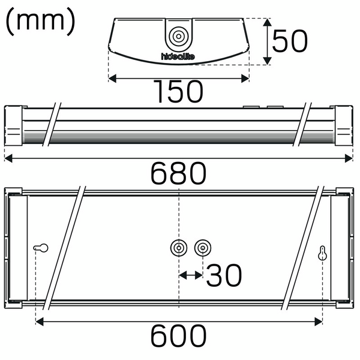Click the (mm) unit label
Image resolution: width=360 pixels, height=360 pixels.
click(40, 22)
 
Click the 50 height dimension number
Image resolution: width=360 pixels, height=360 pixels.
click(290, 41)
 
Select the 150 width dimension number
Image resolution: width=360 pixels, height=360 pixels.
click(178, 92)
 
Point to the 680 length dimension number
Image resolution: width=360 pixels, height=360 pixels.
click(178, 174)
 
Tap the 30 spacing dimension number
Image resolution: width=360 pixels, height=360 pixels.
click(224, 275)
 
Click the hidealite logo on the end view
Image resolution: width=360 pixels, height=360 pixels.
click(178, 57)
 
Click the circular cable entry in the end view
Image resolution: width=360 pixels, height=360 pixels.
click(178, 37)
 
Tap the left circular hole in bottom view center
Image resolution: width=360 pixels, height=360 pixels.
click(179, 247)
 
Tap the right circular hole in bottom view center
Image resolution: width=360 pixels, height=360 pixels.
click(203, 247)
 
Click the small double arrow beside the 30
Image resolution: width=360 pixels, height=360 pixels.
click(191, 275)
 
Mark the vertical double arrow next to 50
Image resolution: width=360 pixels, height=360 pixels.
click(267, 41)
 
